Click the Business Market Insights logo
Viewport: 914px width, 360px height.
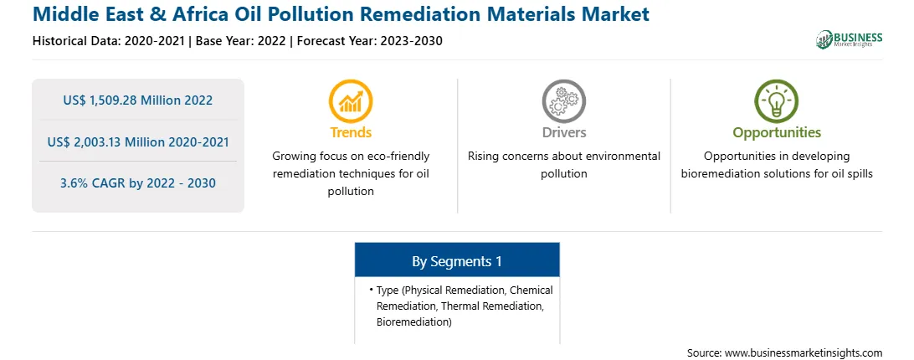coord(849,39)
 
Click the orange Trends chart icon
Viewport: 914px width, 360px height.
coord(351,101)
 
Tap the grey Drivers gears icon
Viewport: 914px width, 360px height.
coord(563,101)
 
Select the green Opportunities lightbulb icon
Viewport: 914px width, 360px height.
coord(777,101)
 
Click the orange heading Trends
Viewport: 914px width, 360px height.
coord(351,132)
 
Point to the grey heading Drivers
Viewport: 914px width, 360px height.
coord(563,132)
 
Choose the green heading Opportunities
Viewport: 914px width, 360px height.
coord(777,132)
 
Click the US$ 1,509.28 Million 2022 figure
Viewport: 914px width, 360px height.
coord(137,100)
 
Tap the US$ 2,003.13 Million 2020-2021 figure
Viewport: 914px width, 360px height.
coord(137,141)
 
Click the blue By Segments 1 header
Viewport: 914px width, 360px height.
coord(457,261)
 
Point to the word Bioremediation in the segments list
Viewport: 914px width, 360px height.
coord(413,321)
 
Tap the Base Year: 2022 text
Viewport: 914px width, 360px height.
coord(241,41)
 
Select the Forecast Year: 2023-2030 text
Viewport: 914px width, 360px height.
coord(367,41)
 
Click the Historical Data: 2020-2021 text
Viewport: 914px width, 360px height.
coord(110,41)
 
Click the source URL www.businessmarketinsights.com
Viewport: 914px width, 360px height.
coord(804,353)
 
